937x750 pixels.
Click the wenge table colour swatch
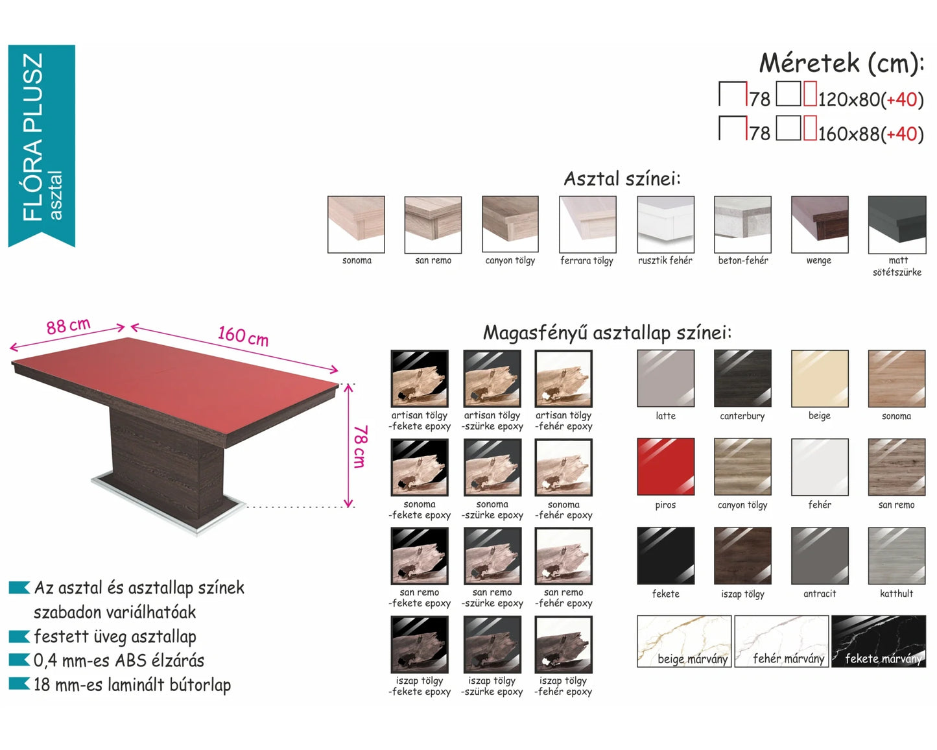[820, 224]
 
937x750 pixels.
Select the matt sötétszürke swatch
[897, 224]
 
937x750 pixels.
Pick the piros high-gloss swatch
[665, 466]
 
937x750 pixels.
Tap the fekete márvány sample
[879, 641]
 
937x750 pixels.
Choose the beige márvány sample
[684, 641]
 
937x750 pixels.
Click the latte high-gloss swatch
[665, 378]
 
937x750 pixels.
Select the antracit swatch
[820, 555]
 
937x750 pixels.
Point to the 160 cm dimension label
[243, 337]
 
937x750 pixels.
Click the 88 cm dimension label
[68, 326]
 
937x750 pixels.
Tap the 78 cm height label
[360, 446]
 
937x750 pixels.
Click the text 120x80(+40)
[871, 99]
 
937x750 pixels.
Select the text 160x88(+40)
[871, 134]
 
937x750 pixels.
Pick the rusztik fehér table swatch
[665, 224]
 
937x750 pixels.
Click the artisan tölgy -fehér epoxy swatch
[563, 378]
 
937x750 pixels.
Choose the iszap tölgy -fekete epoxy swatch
[420, 644]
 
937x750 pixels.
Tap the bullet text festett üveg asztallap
[115, 636]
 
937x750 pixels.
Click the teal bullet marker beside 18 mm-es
[19, 683]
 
